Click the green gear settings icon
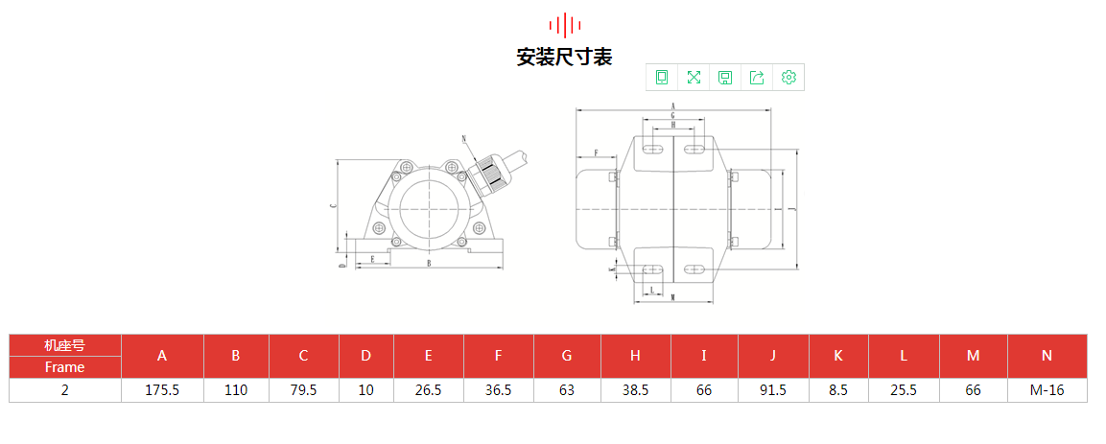(788, 78)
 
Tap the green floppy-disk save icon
(725, 78)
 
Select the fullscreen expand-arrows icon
(694, 78)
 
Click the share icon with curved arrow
(757, 78)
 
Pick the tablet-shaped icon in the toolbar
(662, 78)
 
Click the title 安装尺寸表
(564, 57)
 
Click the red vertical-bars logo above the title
(564, 24)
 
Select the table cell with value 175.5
(162, 390)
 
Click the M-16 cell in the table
(1047, 390)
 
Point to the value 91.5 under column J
(772, 390)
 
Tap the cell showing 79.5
(303, 390)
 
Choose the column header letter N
(1047, 356)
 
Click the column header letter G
(567, 356)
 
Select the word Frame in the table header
(64, 367)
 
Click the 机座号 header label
(64, 345)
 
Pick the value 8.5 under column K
(838, 390)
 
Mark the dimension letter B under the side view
(428, 262)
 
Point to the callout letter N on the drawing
(464, 139)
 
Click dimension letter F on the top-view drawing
(595, 152)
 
